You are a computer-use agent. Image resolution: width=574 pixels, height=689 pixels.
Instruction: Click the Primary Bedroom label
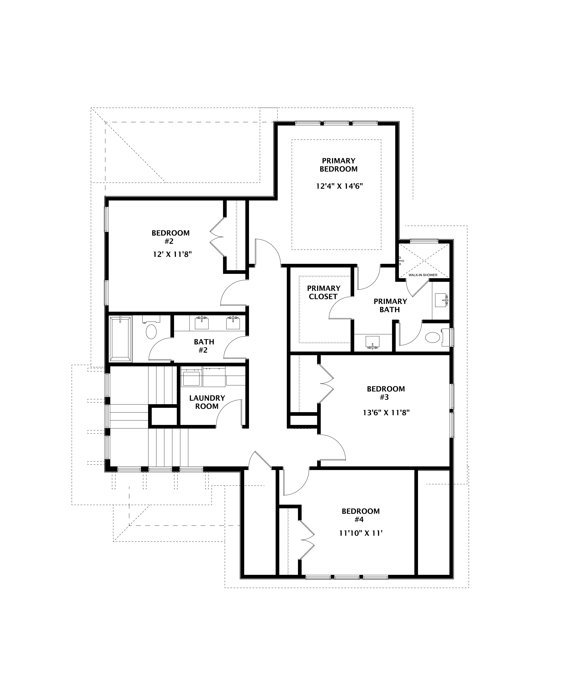[339, 165]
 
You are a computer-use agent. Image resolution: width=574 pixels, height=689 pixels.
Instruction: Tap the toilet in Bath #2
[151, 331]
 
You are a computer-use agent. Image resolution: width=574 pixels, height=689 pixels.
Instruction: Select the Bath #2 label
[204, 346]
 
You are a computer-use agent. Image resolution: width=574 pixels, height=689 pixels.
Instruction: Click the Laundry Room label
[207, 402]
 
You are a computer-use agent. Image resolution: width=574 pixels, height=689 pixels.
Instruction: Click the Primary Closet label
[323, 292]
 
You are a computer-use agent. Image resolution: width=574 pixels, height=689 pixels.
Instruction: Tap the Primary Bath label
[390, 305]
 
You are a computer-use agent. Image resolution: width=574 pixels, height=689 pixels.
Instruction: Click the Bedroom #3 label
[386, 393]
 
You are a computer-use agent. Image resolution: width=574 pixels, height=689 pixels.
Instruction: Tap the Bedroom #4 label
[360, 515]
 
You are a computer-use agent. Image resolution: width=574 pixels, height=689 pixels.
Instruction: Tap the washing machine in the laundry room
[191, 378]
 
